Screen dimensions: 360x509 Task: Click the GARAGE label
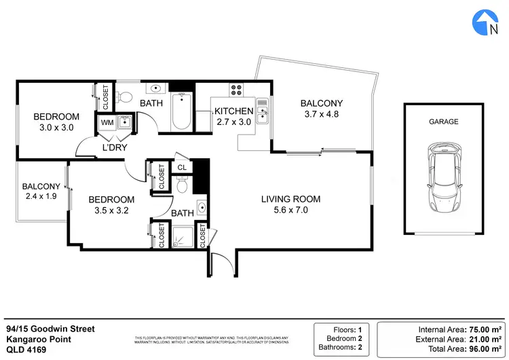point(443,122)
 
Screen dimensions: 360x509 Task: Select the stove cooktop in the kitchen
point(238,89)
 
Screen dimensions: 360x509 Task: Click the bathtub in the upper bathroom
point(181,113)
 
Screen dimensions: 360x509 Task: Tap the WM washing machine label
point(107,123)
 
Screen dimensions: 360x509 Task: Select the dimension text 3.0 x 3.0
point(57,127)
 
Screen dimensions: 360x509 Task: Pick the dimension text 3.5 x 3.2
point(112,211)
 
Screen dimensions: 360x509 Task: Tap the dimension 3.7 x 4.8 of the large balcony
point(322,114)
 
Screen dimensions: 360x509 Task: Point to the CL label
point(182,166)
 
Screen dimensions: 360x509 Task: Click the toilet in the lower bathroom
point(181,185)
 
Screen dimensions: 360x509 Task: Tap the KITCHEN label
point(234,111)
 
